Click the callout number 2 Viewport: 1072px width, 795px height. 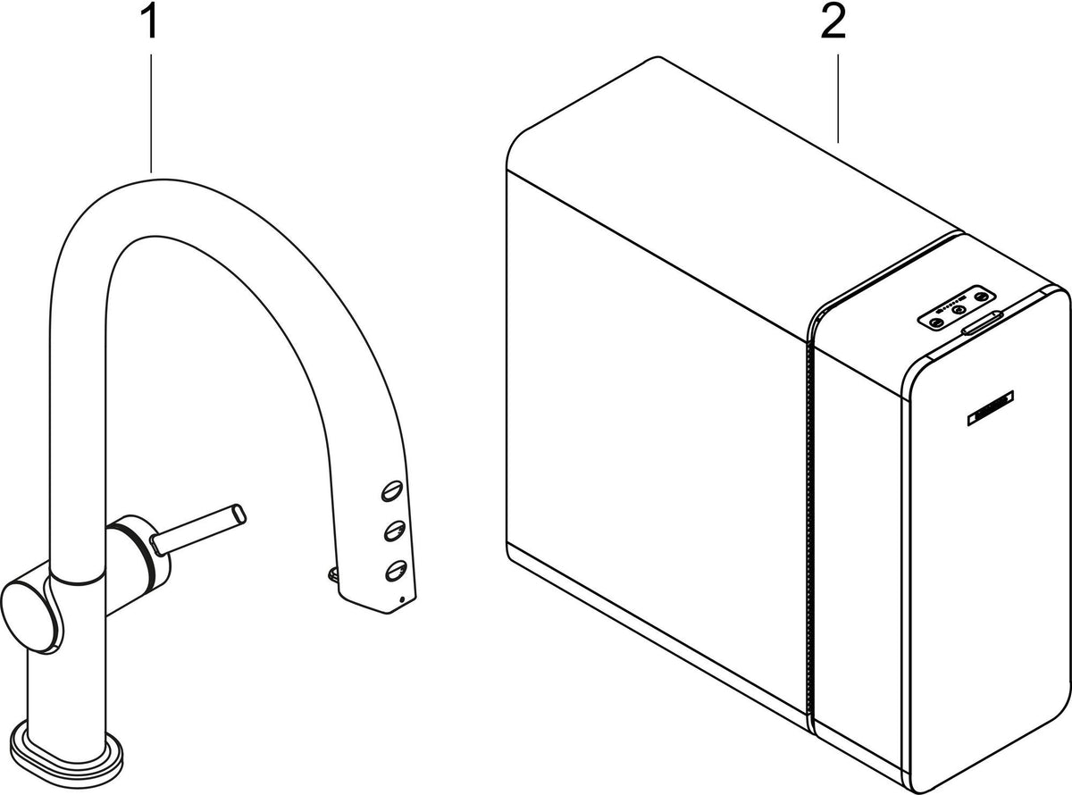833,22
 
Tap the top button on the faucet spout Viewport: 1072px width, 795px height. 391,491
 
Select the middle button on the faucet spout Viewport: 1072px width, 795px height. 395,531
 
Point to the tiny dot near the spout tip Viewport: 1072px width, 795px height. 403,599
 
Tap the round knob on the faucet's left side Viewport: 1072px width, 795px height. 30,617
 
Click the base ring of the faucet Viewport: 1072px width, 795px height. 66,759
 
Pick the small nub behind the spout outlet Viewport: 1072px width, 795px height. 332,574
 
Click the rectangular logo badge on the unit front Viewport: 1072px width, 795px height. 991,408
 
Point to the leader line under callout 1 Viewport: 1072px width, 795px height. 151,113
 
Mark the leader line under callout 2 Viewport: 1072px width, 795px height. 838,98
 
